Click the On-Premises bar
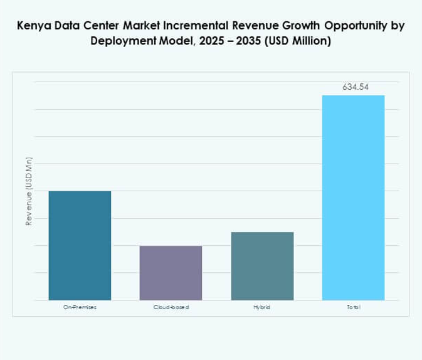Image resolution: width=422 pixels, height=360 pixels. click(80, 245)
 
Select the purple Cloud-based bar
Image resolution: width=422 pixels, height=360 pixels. click(171, 273)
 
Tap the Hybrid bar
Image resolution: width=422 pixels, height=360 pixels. click(262, 266)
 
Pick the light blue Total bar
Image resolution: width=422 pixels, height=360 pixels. click(353, 198)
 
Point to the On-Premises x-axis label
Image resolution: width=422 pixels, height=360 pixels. click(80, 307)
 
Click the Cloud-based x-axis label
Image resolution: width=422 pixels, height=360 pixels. click(171, 307)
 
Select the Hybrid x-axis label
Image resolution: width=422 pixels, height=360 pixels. click(262, 307)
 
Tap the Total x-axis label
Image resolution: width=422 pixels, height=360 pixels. click(353, 307)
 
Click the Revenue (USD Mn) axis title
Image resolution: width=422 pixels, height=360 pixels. click(28, 191)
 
